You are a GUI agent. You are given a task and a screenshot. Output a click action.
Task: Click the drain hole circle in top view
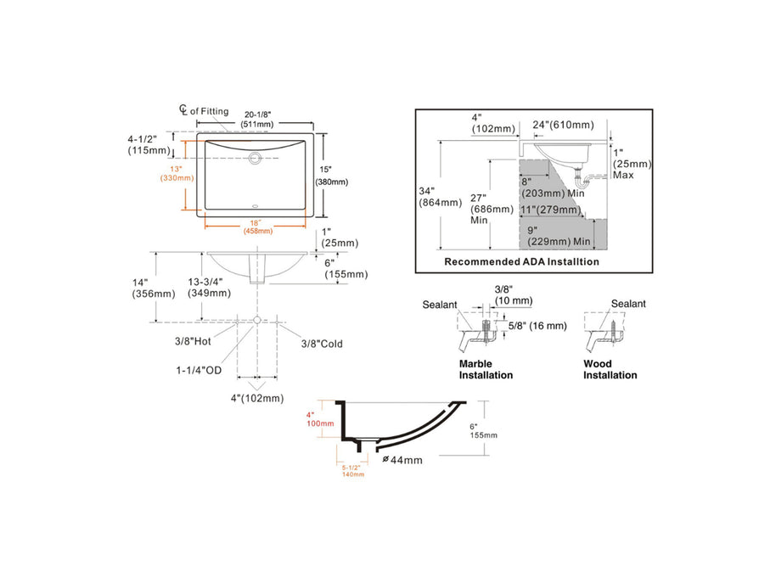tap(256, 157)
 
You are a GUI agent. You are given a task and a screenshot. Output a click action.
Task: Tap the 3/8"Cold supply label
tap(322, 343)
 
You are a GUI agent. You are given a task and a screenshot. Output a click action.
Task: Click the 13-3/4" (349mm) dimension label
tap(208, 287)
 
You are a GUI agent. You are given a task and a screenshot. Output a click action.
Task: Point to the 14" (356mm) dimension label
tap(153, 288)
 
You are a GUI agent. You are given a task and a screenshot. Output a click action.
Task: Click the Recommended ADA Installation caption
tap(521, 262)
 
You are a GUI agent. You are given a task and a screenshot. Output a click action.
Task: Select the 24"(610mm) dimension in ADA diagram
tap(562, 125)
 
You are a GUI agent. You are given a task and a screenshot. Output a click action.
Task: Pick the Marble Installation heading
tap(486, 369)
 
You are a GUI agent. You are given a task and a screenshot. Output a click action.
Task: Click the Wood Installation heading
tap(610, 369)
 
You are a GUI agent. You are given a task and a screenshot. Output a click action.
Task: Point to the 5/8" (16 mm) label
tap(536, 325)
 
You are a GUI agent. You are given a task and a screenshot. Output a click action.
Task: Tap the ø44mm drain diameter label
tap(402, 460)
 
